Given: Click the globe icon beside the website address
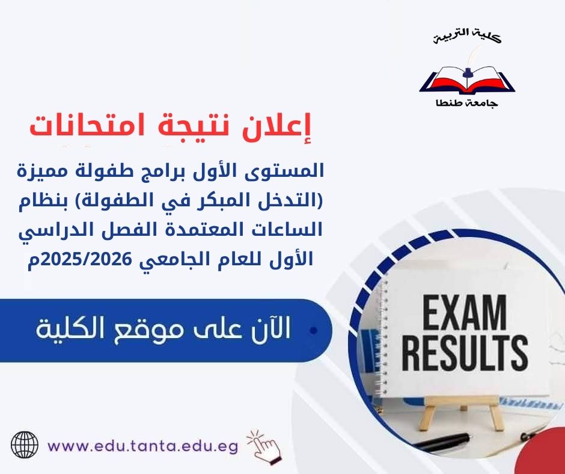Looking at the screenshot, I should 25,446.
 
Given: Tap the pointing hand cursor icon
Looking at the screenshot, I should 264,445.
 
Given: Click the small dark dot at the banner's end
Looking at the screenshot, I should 313,331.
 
